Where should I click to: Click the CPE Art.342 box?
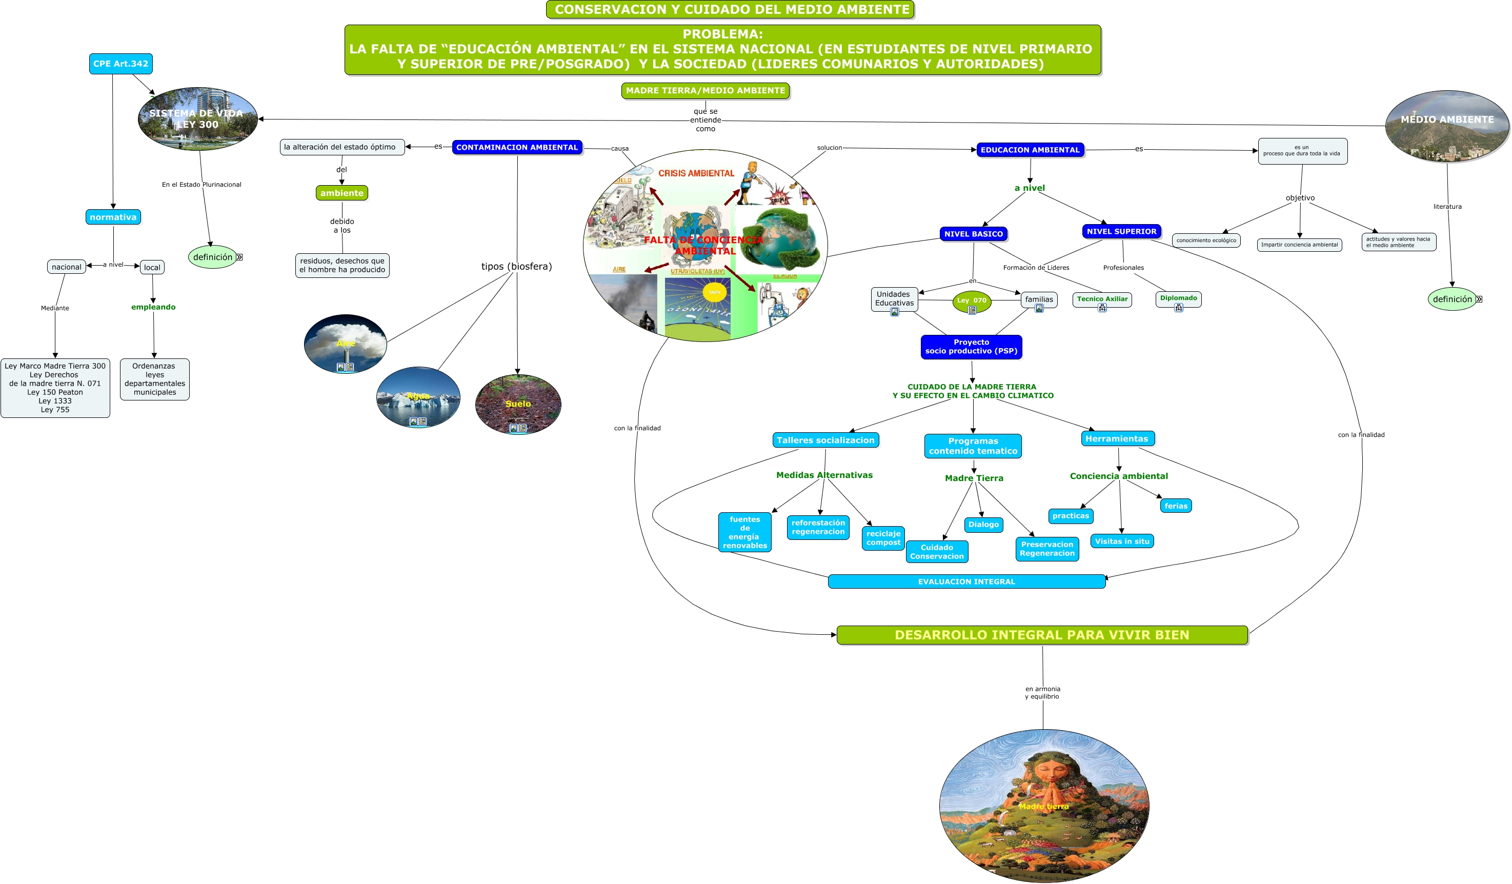pyautogui.click(x=120, y=64)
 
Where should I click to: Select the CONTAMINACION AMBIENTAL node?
pyautogui.click(x=517, y=147)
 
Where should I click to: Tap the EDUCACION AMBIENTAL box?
pyautogui.click(x=1030, y=149)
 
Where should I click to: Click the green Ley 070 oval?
pyautogui.click(x=972, y=300)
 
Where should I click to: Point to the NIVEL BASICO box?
pyautogui.click(x=973, y=234)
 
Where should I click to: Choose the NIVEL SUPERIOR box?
pyautogui.click(x=1121, y=231)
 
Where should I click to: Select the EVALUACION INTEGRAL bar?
pyautogui.click(x=966, y=581)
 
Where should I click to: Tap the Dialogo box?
pyautogui.click(x=983, y=525)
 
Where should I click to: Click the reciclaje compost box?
pyautogui.click(x=883, y=538)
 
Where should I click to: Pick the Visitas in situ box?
pyautogui.click(x=1121, y=541)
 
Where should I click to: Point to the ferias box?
pyautogui.click(x=1175, y=506)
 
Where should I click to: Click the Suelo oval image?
pyautogui.click(x=518, y=404)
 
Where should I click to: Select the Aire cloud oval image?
pyautogui.click(x=346, y=343)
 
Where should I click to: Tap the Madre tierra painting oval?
pyautogui.click(x=1043, y=806)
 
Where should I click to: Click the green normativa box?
pyautogui.click(x=113, y=217)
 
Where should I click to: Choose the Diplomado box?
pyautogui.click(x=1178, y=299)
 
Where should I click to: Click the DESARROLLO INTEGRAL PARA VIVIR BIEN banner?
pyautogui.click(x=1042, y=635)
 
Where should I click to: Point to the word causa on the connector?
pyautogui.click(x=620, y=148)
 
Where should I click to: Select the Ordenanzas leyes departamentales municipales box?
pyautogui.click(x=155, y=379)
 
